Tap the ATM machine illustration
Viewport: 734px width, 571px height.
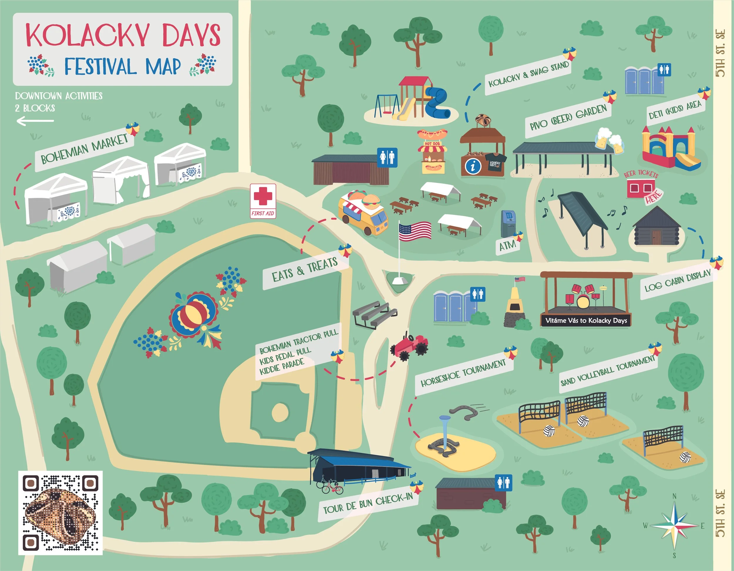pos(508,223)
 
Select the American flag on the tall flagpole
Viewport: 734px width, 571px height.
pos(415,231)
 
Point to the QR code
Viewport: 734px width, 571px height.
pos(60,513)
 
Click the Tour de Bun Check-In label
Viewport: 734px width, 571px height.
pos(368,503)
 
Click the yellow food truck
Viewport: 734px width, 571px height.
pos(363,212)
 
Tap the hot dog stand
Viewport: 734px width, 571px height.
pos(432,151)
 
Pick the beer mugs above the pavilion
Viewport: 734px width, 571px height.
pos(609,141)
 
